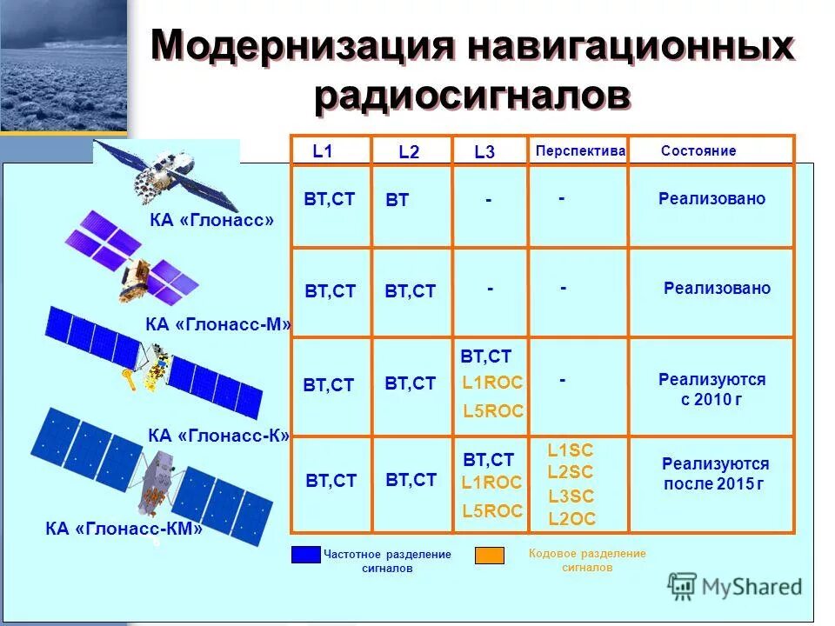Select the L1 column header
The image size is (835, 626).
click(x=323, y=151)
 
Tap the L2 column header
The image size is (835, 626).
click(x=409, y=152)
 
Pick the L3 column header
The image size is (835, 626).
click(x=484, y=152)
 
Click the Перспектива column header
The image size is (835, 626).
click(x=580, y=151)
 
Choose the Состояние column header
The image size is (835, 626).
click(x=698, y=151)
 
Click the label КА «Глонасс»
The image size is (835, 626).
click(x=211, y=221)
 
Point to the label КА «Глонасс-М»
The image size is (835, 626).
click(x=218, y=325)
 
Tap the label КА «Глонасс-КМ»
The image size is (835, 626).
click(x=124, y=528)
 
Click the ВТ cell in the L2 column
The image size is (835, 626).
click(x=397, y=201)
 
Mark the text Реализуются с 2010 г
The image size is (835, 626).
click(x=711, y=390)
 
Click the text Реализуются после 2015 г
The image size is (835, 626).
click(x=715, y=474)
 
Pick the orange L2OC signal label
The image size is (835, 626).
click(x=571, y=519)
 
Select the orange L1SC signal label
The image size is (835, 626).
click(x=571, y=450)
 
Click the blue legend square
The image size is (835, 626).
click(x=306, y=555)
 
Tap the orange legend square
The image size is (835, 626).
click(x=490, y=555)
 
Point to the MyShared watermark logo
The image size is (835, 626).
click(x=735, y=586)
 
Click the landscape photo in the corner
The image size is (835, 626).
click(x=63, y=65)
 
